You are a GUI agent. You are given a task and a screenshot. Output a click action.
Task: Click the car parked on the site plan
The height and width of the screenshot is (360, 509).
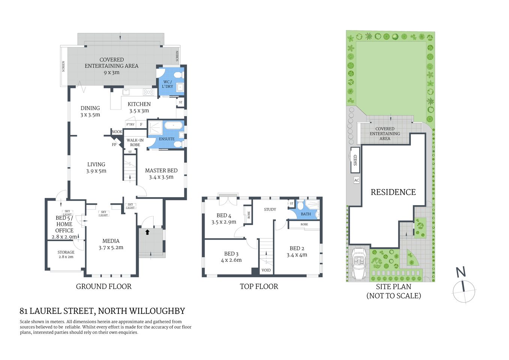pyautogui.click(x=359, y=264)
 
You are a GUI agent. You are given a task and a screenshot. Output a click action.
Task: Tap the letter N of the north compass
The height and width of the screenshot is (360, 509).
pyautogui.click(x=461, y=272)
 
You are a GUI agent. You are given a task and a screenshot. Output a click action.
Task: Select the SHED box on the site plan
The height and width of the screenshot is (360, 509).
pyautogui.click(x=355, y=160)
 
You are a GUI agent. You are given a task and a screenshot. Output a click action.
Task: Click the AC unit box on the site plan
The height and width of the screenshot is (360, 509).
pyautogui.click(x=356, y=180)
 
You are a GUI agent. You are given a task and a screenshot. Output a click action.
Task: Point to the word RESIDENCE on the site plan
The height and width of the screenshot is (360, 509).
pyautogui.click(x=393, y=192)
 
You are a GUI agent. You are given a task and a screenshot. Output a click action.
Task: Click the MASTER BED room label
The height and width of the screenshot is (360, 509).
pyautogui.click(x=161, y=171)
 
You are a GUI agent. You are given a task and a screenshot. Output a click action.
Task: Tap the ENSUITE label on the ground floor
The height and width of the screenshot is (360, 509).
pyautogui.click(x=167, y=139)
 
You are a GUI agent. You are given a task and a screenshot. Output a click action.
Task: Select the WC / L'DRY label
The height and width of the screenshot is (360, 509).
pyautogui.click(x=168, y=84)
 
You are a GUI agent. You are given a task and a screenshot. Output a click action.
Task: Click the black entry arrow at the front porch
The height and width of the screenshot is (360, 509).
pyautogui.click(x=147, y=232)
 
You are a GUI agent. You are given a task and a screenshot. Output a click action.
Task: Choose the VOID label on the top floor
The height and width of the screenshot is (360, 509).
pyautogui.click(x=266, y=270)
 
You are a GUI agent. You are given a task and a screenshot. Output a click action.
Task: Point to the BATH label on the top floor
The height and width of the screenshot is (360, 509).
pyautogui.click(x=306, y=214)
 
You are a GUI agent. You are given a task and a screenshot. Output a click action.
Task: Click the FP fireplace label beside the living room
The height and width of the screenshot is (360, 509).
pyautogui.click(x=114, y=144)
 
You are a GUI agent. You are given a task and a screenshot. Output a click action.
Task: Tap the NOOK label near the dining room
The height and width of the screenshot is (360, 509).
pyautogui.click(x=117, y=132)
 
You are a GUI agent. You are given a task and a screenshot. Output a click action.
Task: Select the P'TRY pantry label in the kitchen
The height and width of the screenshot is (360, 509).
pyautogui.click(x=130, y=124)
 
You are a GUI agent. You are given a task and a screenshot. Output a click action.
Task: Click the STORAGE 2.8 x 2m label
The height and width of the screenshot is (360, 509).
pyautogui.click(x=66, y=254)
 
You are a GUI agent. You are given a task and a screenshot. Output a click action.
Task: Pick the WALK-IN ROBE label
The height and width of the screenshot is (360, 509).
pyautogui.click(x=135, y=142)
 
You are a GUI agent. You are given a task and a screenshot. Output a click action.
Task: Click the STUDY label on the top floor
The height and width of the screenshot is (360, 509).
pyautogui.click(x=270, y=210)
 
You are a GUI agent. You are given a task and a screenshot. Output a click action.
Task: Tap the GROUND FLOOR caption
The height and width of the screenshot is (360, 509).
pyautogui.click(x=103, y=286)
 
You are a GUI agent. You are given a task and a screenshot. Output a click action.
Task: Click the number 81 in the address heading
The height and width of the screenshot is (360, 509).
pyautogui.click(x=24, y=311)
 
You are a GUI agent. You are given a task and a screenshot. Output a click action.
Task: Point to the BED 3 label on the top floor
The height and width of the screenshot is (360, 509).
pyautogui.click(x=231, y=254)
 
